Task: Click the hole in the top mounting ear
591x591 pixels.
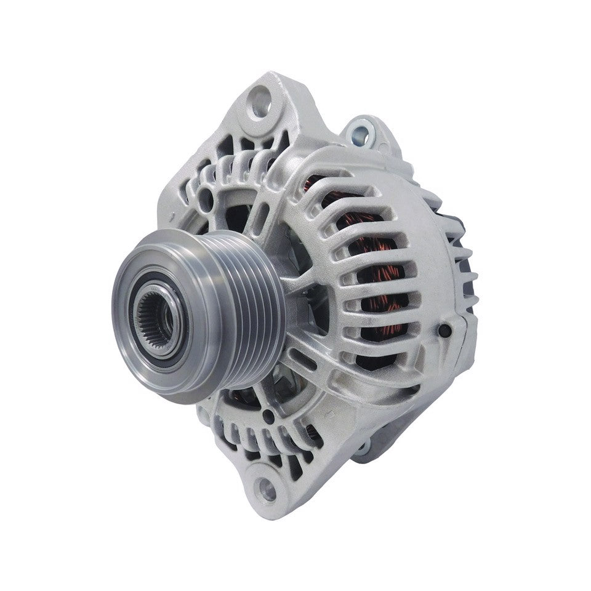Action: [260, 97]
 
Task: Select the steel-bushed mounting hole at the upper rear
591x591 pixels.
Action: [359, 131]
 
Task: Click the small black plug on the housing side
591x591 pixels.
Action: [444, 332]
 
